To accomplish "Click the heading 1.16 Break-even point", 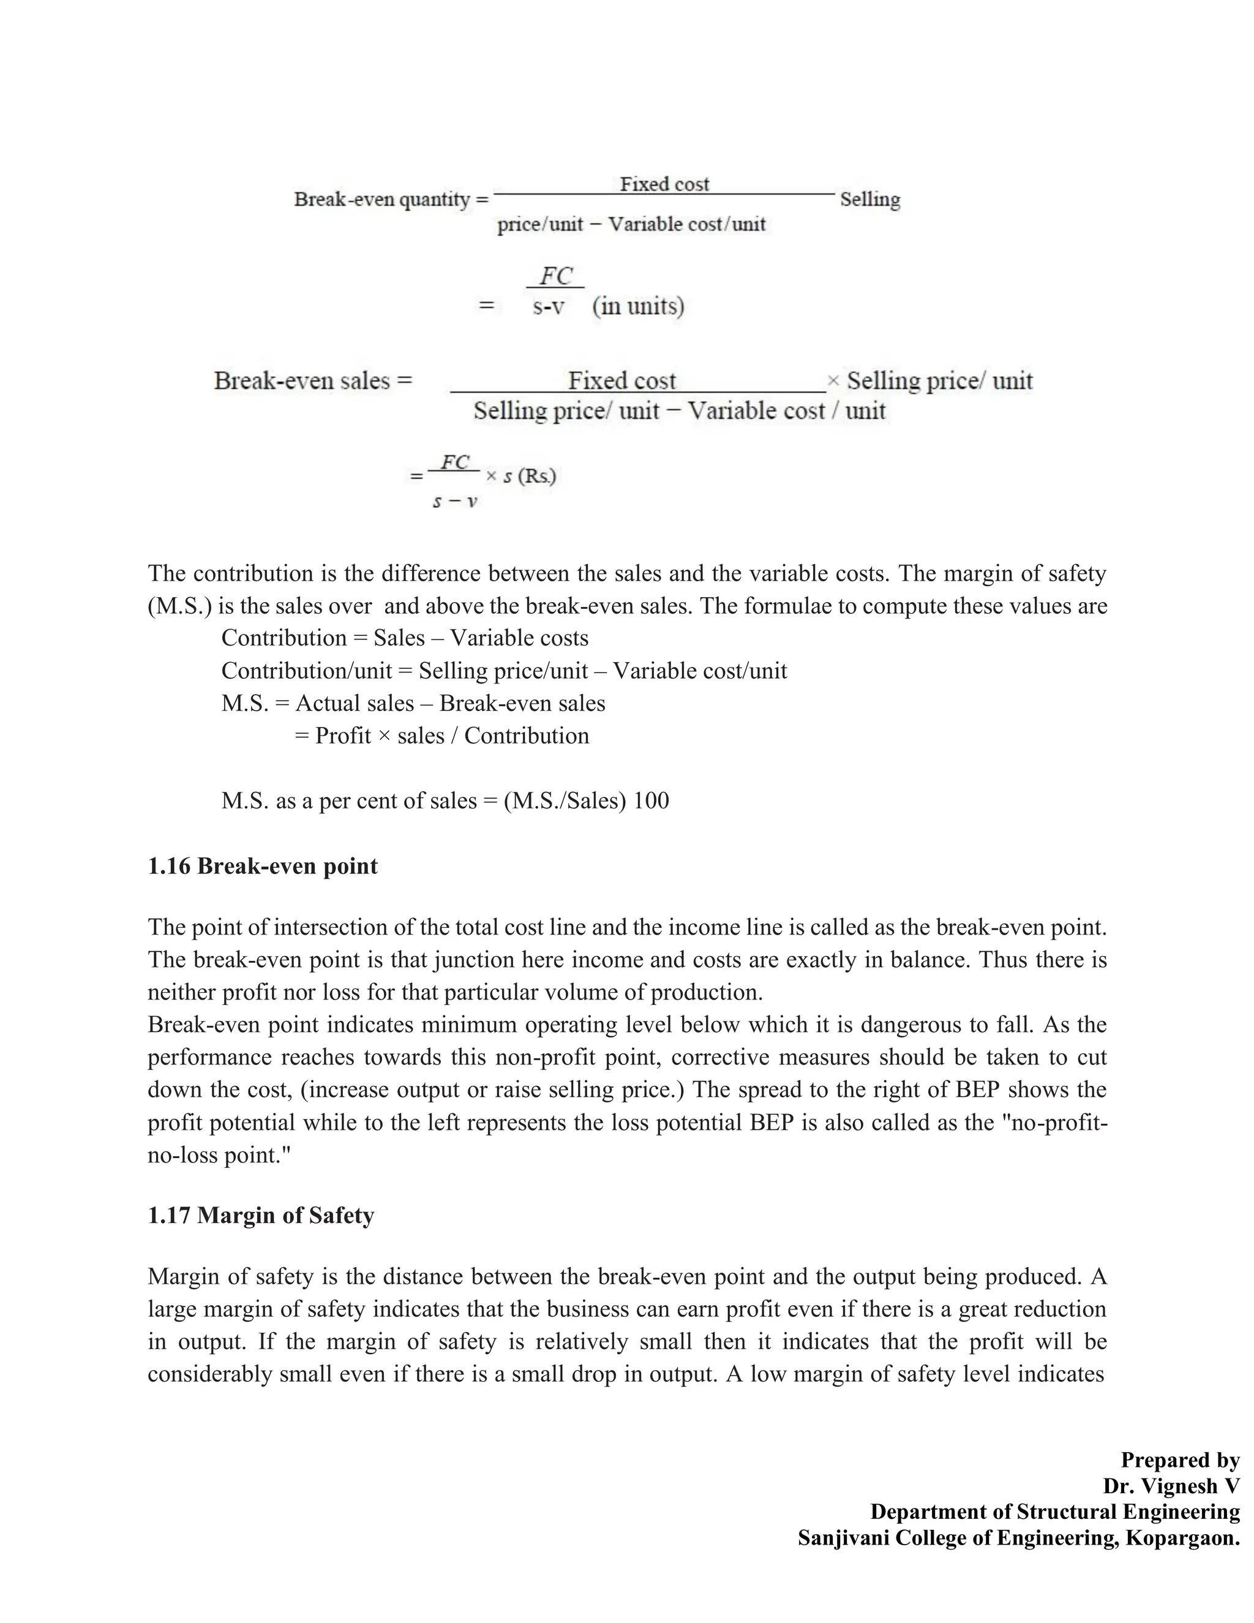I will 262,866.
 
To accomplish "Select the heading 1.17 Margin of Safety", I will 261,1215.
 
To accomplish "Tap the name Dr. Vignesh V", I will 1171,1486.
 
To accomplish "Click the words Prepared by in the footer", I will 1180,1459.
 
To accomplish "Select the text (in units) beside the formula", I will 638,306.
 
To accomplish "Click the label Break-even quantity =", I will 391,199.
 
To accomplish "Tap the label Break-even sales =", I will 313,380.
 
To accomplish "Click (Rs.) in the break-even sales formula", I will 537,476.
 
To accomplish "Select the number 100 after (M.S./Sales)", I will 651,800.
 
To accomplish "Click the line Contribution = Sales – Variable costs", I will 405,638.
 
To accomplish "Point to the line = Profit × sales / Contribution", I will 442,736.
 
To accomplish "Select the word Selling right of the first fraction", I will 870,199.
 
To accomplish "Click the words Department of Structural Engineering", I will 1055,1512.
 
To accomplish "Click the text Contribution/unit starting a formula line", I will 306,670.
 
